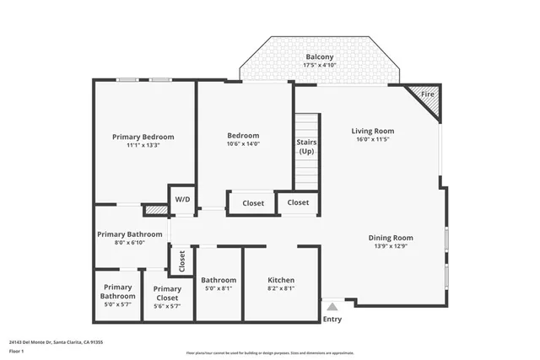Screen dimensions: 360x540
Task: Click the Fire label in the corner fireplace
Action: point(427,94)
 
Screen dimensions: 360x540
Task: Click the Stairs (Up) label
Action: point(306,147)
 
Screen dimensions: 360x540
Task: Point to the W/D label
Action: point(181,201)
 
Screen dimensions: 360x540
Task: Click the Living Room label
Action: point(372,131)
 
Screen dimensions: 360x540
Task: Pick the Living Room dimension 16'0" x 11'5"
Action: point(372,141)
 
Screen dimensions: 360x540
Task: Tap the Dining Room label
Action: point(391,237)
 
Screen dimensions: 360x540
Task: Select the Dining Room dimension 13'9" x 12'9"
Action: point(391,247)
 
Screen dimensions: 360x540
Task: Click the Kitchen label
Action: point(281,280)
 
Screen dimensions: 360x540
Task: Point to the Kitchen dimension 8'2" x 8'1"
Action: point(281,289)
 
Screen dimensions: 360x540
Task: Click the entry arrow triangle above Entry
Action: point(332,307)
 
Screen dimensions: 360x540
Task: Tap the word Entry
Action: point(332,320)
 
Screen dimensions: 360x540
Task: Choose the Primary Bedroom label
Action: point(143,137)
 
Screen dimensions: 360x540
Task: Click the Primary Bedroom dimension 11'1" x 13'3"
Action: point(143,146)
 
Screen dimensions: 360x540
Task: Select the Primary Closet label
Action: point(167,293)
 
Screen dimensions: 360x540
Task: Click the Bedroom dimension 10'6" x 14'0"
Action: point(243,144)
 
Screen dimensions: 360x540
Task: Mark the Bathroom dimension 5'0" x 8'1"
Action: point(219,289)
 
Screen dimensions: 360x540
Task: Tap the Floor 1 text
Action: point(16,351)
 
